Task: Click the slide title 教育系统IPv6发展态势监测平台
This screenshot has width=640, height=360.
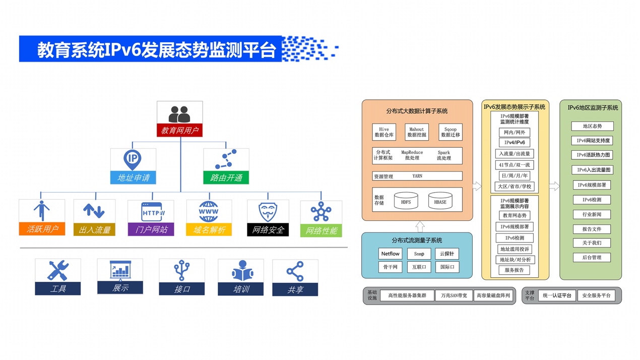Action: [156, 50]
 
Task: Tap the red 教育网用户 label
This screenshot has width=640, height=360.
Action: [180, 131]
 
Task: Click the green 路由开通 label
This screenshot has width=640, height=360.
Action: [226, 177]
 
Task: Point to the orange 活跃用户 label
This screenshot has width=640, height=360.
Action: [42, 229]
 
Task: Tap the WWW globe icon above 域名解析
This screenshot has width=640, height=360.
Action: [209, 212]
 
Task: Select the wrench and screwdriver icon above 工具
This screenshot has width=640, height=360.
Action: [57, 270]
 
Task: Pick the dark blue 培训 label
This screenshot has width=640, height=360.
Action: [240, 289]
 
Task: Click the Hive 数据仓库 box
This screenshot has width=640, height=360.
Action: [384, 132]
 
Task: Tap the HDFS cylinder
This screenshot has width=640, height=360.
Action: [406, 201]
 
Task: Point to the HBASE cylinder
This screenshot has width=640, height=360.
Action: [440, 201]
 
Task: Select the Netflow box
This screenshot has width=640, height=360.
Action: [390, 254]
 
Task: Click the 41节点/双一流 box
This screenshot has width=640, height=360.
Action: [514, 165]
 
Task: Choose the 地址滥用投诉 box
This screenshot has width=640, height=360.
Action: [514, 249]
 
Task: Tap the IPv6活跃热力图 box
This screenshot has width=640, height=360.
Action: [591, 155]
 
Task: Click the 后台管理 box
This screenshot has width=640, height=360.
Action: [591, 258]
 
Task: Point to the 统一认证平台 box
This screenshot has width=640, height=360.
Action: [557, 295]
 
